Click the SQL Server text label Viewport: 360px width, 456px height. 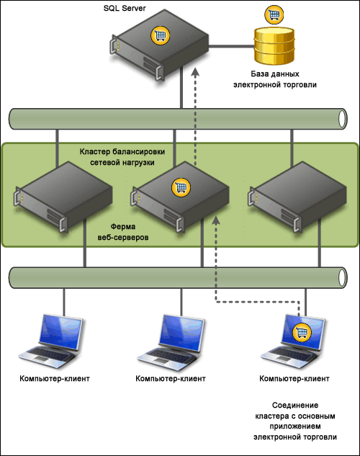pyautogui.click(x=125, y=8)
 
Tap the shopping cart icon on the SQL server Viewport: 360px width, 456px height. pyautogui.click(x=160, y=35)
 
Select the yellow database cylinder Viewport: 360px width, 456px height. pyautogui.click(x=274, y=45)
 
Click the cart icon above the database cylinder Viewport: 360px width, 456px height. pyautogui.click(x=274, y=14)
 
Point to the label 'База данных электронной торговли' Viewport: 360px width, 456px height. pyautogui.click(x=275, y=79)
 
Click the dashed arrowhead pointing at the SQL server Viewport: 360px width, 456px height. pyautogui.click(x=196, y=72)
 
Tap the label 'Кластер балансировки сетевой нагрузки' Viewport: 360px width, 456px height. pyautogui.click(x=122, y=157)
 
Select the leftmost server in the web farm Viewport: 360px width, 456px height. pyautogui.click(x=63, y=197)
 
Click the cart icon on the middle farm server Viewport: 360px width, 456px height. pyautogui.click(x=181, y=187)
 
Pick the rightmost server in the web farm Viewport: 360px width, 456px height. pyautogui.click(x=297, y=197)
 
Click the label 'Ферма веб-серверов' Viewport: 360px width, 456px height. pyautogui.click(x=123, y=232)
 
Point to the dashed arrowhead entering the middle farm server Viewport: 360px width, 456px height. pyautogui.click(x=216, y=220)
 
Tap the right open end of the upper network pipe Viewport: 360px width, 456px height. pyautogui.click(x=343, y=119)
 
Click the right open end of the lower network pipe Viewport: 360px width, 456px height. pyautogui.click(x=343, y=278)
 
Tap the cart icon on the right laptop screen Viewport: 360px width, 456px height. pyautogui.click(x=302, y=332)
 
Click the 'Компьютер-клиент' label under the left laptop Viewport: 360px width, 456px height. pyautogui.click(x=55, y=379)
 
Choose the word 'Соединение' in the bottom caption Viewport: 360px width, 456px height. pyautogui.click(x=295, y=405)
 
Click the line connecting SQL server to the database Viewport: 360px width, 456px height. pyautogui.click(x=232, y=46)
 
